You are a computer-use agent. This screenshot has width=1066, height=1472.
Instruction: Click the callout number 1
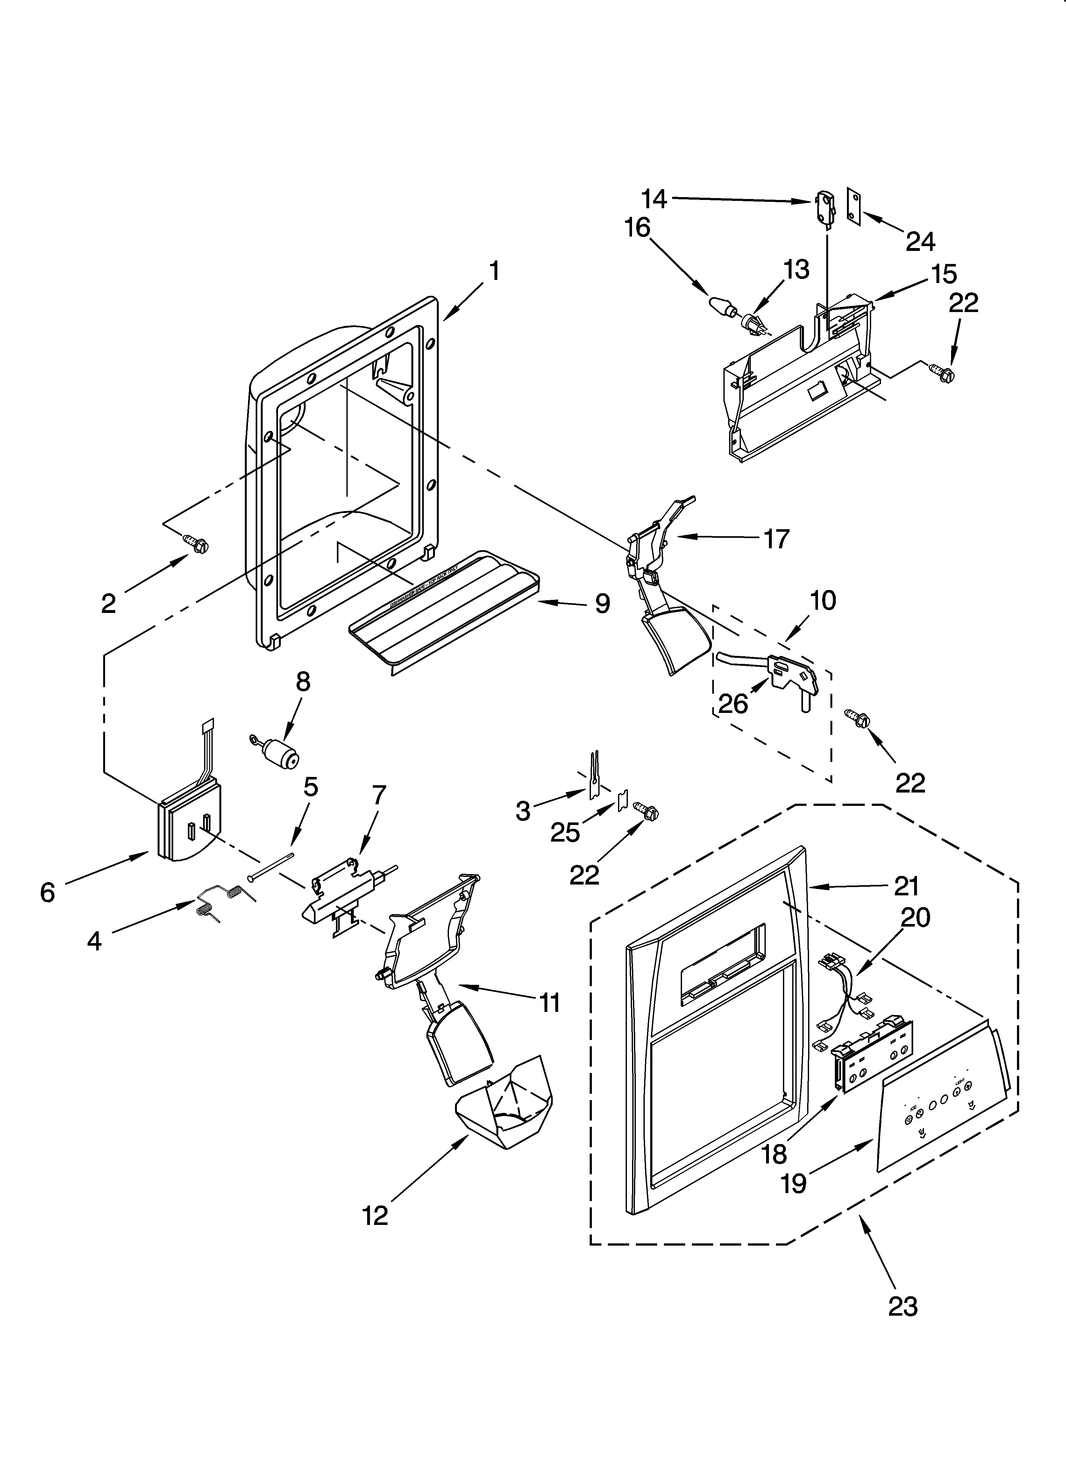[x=495, y=271]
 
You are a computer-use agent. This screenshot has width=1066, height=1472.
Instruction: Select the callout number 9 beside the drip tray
[x=602, y=604]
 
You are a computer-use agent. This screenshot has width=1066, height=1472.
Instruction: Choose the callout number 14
[x=654, y=199]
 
